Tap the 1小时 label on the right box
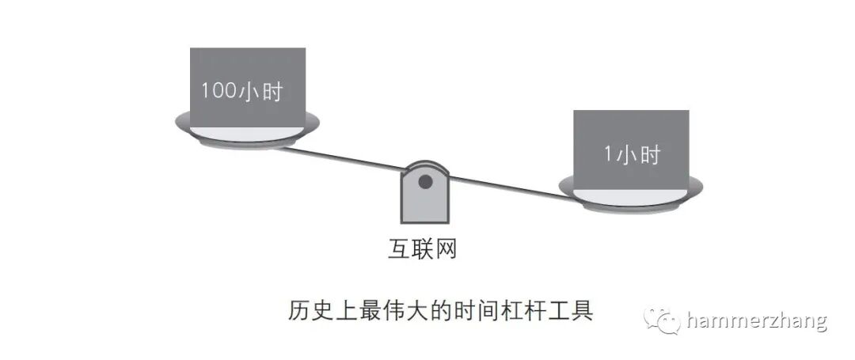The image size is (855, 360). coord(631,155)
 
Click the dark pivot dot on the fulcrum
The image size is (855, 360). coord(425,183)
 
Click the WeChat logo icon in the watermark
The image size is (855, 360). coord(661,321)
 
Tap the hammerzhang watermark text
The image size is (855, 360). coord(757,321)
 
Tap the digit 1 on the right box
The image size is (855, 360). coord(608,155)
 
